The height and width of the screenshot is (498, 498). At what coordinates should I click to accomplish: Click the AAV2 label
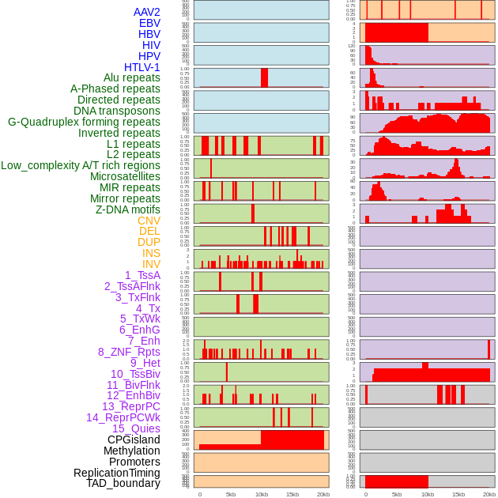pyautogui.click(x=146, y=12)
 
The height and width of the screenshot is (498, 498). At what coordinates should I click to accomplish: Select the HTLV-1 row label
pyautogui.click(x=141, y=67)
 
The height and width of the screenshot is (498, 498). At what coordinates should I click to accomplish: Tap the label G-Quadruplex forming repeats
pyautogui.click(x=84, y=123)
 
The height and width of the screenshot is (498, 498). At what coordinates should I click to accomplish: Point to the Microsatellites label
pyautogui.click(x=125, y=176)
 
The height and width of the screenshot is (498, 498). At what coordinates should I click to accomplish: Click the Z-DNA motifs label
pyautogui.click(x=127, y=209)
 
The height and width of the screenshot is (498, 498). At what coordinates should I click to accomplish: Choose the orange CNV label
pyautogui.click(x=149, y=221)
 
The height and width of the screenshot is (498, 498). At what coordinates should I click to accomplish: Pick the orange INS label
pyautogui.click(x=151, y=253)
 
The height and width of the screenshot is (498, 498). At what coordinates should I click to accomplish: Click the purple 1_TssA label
pyautogui.click(x=142, y=275)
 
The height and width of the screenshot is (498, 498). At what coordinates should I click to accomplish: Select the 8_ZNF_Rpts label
pyautogui.click(x=129, y=352)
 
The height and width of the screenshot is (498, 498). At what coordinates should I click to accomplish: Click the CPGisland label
pyautogui.click(x=134, y=440)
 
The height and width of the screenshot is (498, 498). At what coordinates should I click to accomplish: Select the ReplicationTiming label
pyautogui.click(x=117, y=473)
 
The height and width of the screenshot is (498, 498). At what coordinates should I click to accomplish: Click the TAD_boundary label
pyautogui.click(x=123, y=483)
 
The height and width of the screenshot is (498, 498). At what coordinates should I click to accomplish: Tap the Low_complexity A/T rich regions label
pyautogui.click(x=81, y=165)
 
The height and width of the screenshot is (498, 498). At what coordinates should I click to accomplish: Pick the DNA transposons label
pyautogui.click(x=116, y=111)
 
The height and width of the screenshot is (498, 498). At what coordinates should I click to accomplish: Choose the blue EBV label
pyautogui.click(x=149, y=23)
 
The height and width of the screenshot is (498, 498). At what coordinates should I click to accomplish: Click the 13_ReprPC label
pyautogui.click(x=130, y=406)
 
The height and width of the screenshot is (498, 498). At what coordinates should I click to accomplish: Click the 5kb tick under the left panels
pyautogui.click(x=231, y=494)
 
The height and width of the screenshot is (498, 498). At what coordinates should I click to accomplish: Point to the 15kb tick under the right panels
pyautogui.click(x=458, y=494)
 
